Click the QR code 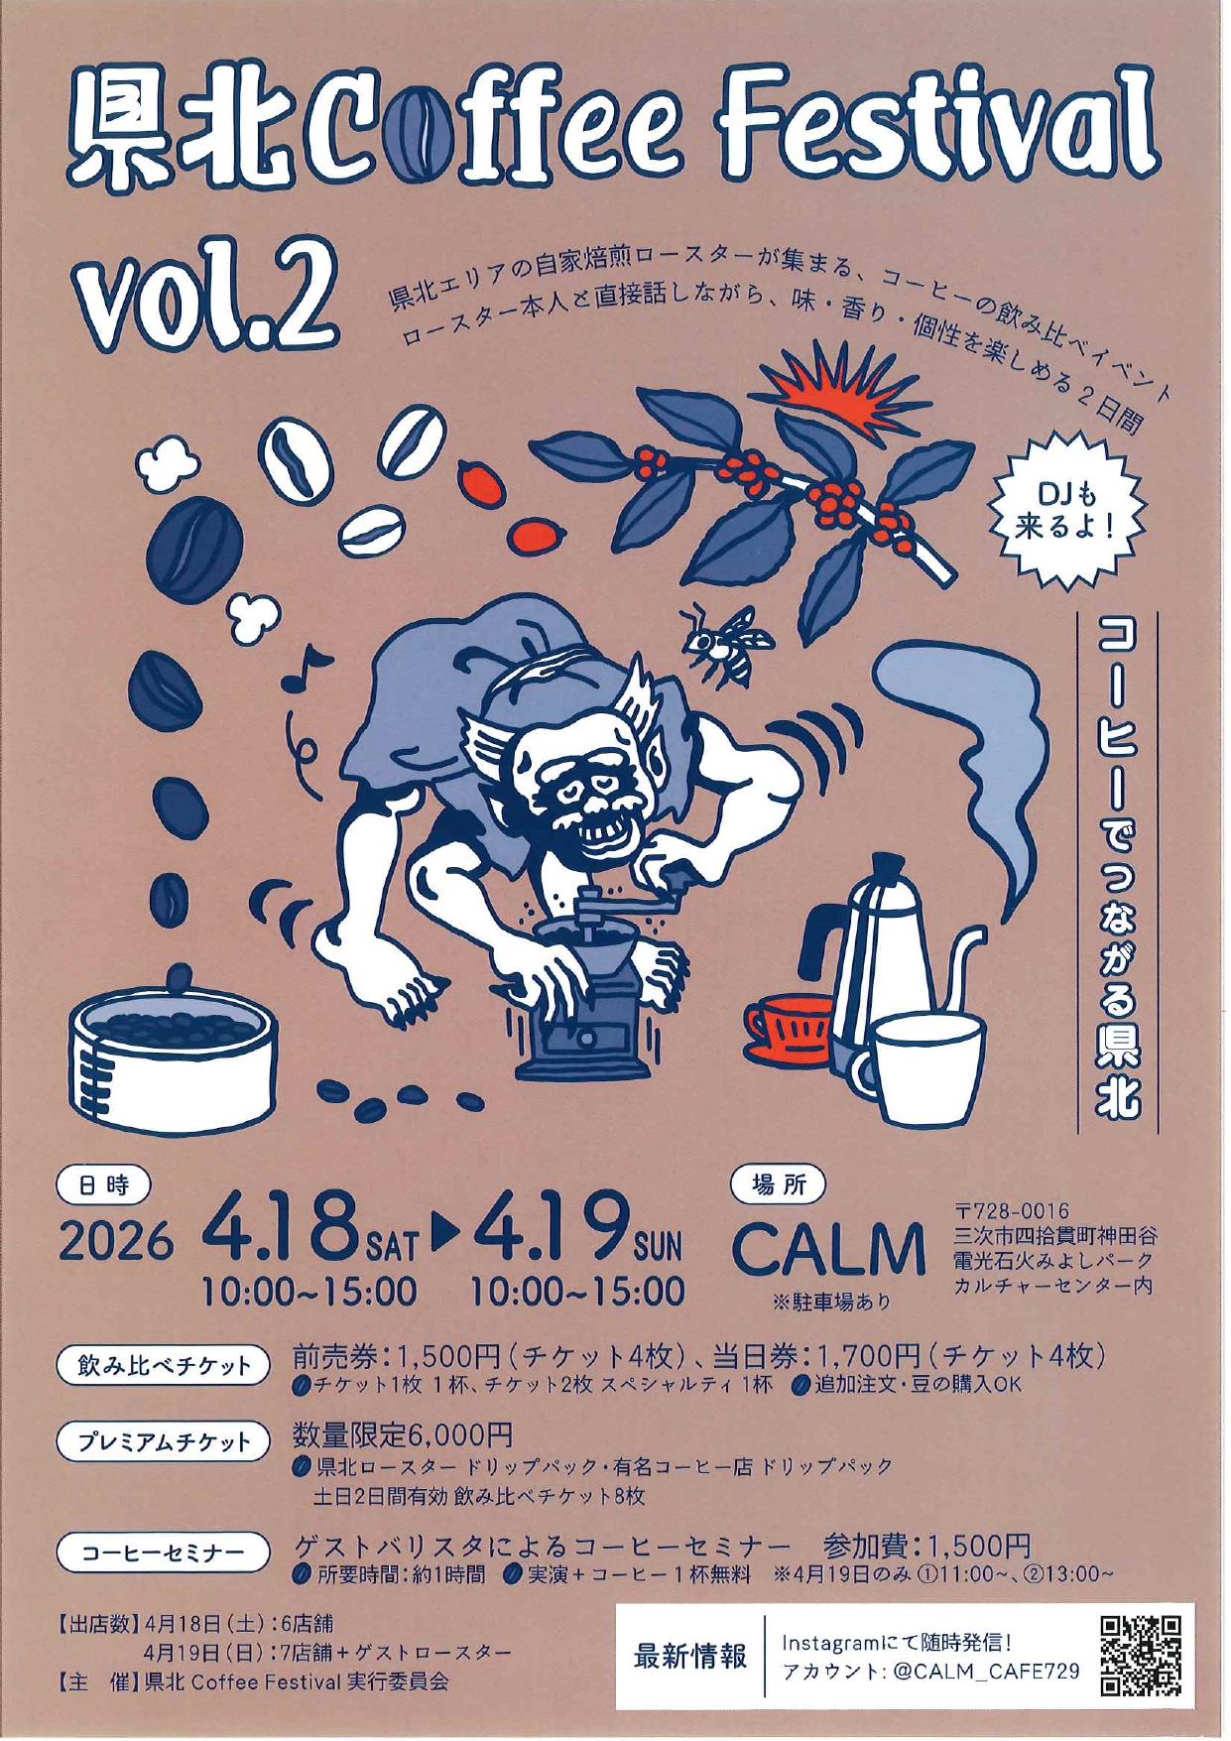[x=1141, y=1656]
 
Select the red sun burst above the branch [x=833, y=382]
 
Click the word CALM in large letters [x=829, y=1250]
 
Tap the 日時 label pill [x=103, y=1182]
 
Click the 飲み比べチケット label [x=163, y=1366]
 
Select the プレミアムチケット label [x=163, y=1441]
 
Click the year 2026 [x=116, y=1242]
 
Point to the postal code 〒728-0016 [x=1012, y=1211]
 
